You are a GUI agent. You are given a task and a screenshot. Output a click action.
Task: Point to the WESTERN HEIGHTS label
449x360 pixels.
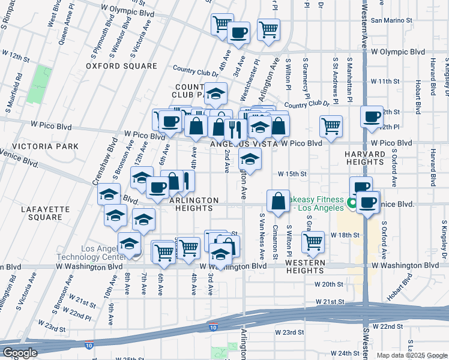[x=305, y=263]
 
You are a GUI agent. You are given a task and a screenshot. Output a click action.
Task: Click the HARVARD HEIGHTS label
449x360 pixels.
[x=364, y=158]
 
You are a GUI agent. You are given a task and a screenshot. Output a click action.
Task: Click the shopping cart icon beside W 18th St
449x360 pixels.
[x=313, y=241]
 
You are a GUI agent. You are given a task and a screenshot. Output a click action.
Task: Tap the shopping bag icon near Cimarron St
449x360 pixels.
[x=279, y=202]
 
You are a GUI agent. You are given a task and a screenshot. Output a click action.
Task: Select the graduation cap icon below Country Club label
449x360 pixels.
[x=216, y=93]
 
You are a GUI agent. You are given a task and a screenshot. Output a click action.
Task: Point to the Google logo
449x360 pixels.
[x=20, y=353]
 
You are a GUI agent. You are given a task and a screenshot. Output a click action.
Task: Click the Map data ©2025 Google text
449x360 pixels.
[x=412, y=355]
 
